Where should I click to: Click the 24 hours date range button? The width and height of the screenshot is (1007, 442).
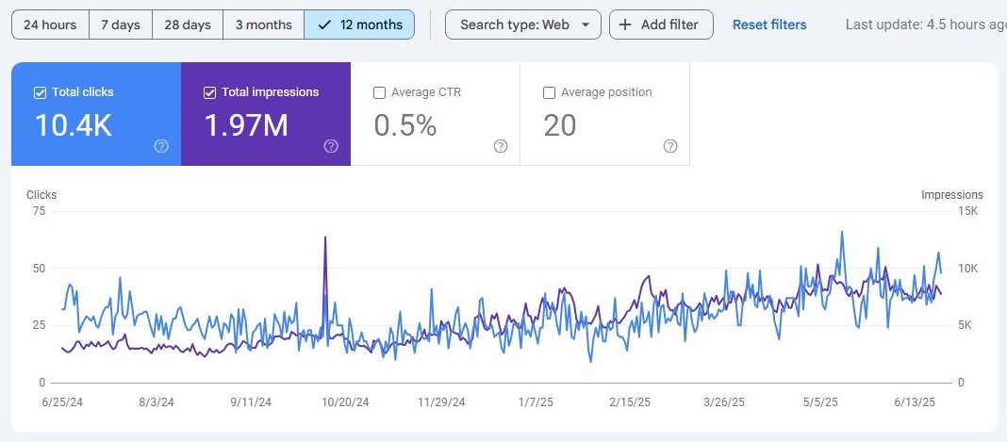click(x=51, y=25)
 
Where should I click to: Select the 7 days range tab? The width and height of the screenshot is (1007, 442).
click(x=121, y=25)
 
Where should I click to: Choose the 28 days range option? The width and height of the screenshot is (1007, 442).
click(x=188, y=25)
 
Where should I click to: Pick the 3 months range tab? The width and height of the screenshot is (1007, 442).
click(x=264, y=25)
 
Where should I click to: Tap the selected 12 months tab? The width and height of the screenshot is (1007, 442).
click(x=359, y=25)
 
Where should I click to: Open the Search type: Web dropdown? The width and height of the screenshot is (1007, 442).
click(x=522, y=25)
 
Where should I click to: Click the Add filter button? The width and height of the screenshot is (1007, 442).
click(x=661, y=25)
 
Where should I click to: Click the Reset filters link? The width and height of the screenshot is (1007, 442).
click(x=769, y=25)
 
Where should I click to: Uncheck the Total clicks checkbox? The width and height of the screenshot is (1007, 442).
click(x=40, y=92)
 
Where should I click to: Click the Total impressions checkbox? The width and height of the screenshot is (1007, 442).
click(x=209, y=92)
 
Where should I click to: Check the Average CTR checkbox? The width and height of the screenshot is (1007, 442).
click(x=379, y=92)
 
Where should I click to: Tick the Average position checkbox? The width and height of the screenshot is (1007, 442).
click(x=549, y=92)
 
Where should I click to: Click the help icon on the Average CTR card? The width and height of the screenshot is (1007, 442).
click(x=501, y=146)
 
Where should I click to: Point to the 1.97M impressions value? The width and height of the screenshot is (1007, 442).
click(x=246, y=125)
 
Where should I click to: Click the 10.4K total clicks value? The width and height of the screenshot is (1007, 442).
click(x=74, y=125)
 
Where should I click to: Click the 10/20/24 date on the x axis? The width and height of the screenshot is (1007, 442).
click(x=345, y=401)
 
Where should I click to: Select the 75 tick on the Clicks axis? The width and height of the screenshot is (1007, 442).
click(x=39, y=211)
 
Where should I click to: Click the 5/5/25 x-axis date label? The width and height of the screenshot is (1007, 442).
click(x=820, y=401)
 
